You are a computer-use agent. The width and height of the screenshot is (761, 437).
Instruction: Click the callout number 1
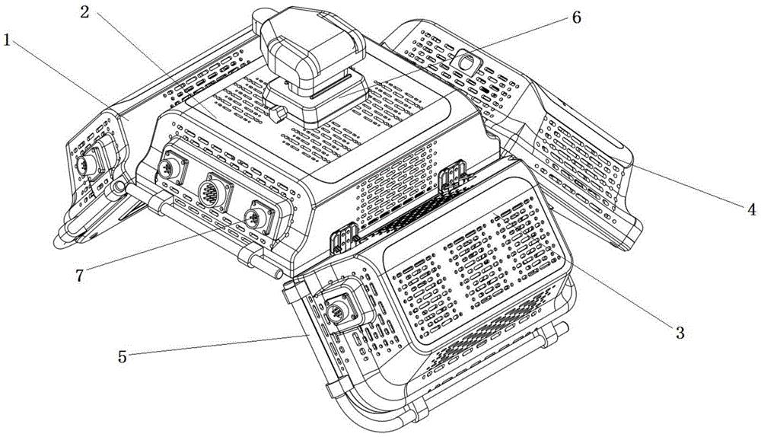click(7, 40)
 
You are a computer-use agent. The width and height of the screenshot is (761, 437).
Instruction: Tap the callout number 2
click(85, 12)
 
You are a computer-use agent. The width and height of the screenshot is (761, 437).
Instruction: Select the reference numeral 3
click(680, 333)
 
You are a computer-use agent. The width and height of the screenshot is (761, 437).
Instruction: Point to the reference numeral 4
click(751, 209)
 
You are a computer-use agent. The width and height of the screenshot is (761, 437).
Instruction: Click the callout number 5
click(123, 357)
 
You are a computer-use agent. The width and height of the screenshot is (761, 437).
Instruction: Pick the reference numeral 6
click(576, 18)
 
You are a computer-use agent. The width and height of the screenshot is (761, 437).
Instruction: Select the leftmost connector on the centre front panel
click(170, 166)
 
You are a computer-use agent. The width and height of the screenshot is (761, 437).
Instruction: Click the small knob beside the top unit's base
click(278, 115)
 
